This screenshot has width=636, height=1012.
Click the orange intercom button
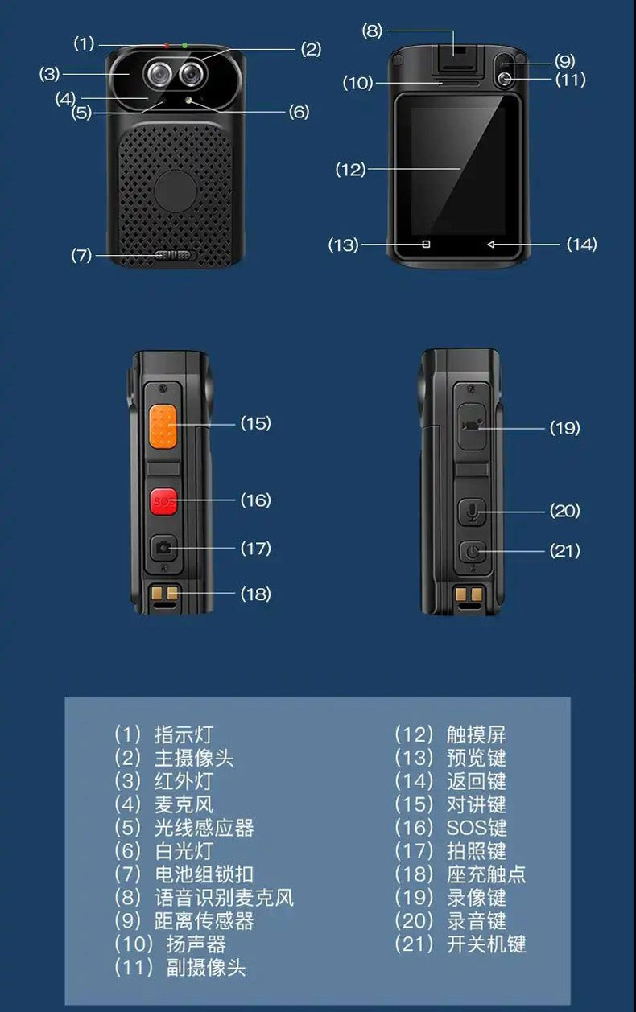tap(163, 427)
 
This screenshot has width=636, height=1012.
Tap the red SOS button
tap(163, 501)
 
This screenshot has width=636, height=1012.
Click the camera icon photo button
tap(163, 548)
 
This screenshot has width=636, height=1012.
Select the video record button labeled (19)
tap(473, 426)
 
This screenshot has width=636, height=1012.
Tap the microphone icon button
tap(473, 512)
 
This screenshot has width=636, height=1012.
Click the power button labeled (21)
tap(473, 551)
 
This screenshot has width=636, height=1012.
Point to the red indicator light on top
tap(167, 46)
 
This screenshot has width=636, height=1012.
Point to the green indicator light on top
tap(185, 46)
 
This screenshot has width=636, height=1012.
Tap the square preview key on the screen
tap(426, 245)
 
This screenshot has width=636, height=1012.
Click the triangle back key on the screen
tap(491, 245)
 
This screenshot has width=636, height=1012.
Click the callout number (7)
tap(81, 255)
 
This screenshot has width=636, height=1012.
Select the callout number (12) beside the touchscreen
tap(350, 170)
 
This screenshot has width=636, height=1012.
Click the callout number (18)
tap(256, 594)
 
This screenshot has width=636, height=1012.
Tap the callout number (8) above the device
tap(372, 31)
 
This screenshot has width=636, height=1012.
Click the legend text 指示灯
tap(184, 734)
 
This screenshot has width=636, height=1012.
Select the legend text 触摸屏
tap(477, 734)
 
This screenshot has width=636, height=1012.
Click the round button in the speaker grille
tap(176, 191)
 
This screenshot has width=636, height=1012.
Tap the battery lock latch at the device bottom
tap(174, 255)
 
